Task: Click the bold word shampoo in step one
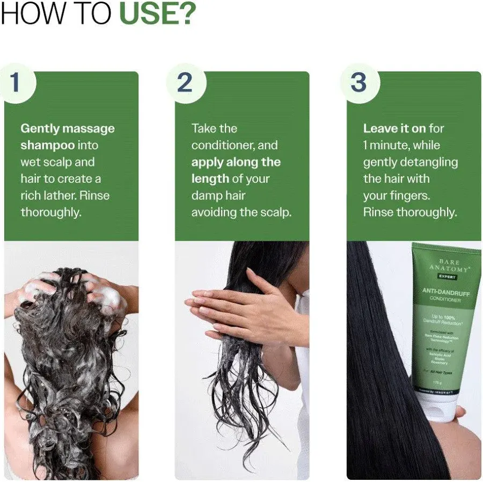[x=48, y=145]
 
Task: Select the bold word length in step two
[x=209, y=178]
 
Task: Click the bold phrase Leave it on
[x=394, y=128]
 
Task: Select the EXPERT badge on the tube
[x=448, y=277]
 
